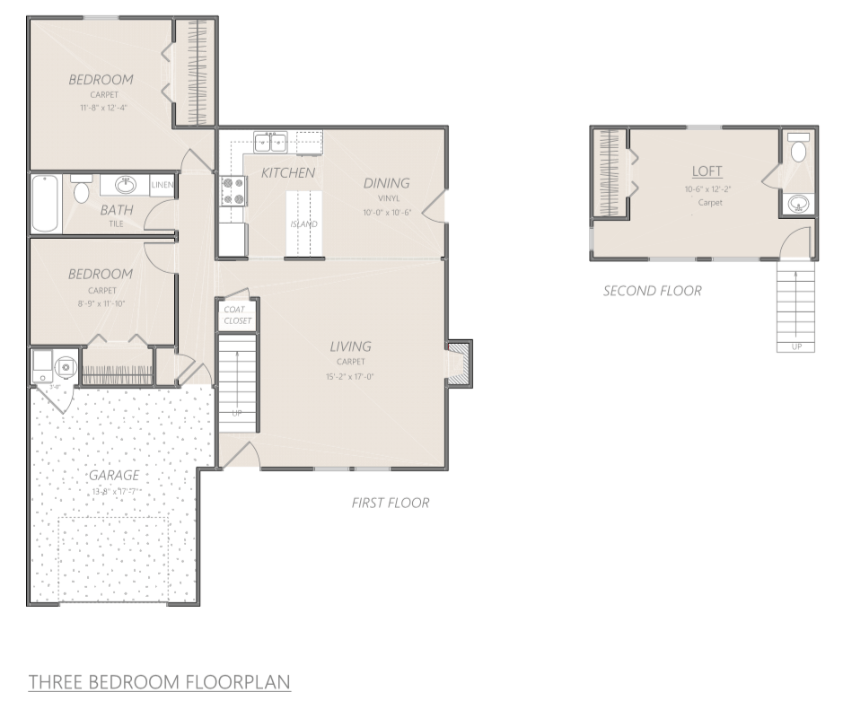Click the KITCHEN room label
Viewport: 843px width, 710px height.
(288, 172)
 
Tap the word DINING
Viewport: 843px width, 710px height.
(386, 183)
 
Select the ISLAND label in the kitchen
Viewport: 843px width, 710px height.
(303, 224)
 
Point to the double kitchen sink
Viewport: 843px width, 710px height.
(269, 142)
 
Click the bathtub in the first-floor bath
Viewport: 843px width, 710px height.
(45, 203)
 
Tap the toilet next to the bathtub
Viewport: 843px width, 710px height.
(81, 190)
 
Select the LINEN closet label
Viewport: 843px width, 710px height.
(162, 186)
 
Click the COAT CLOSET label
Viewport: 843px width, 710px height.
(238, 315)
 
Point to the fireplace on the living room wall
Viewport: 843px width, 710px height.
(460, 364)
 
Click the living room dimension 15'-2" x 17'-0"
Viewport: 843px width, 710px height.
(350, 377)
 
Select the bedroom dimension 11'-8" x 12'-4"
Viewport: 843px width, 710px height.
(101, 108)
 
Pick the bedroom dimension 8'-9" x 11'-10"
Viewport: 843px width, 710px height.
(101, 302)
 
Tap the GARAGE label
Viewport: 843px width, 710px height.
(113, 476)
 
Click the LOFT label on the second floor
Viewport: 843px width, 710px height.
(707, 171)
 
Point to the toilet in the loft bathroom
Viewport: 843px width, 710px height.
(798, 149)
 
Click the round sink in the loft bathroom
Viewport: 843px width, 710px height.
(797, 205)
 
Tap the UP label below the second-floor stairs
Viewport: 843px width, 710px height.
(795, 346)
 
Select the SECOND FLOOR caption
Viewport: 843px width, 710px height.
(652, 291)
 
